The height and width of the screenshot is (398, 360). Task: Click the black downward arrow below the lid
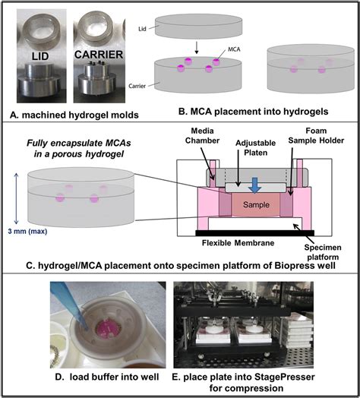[200, 46]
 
